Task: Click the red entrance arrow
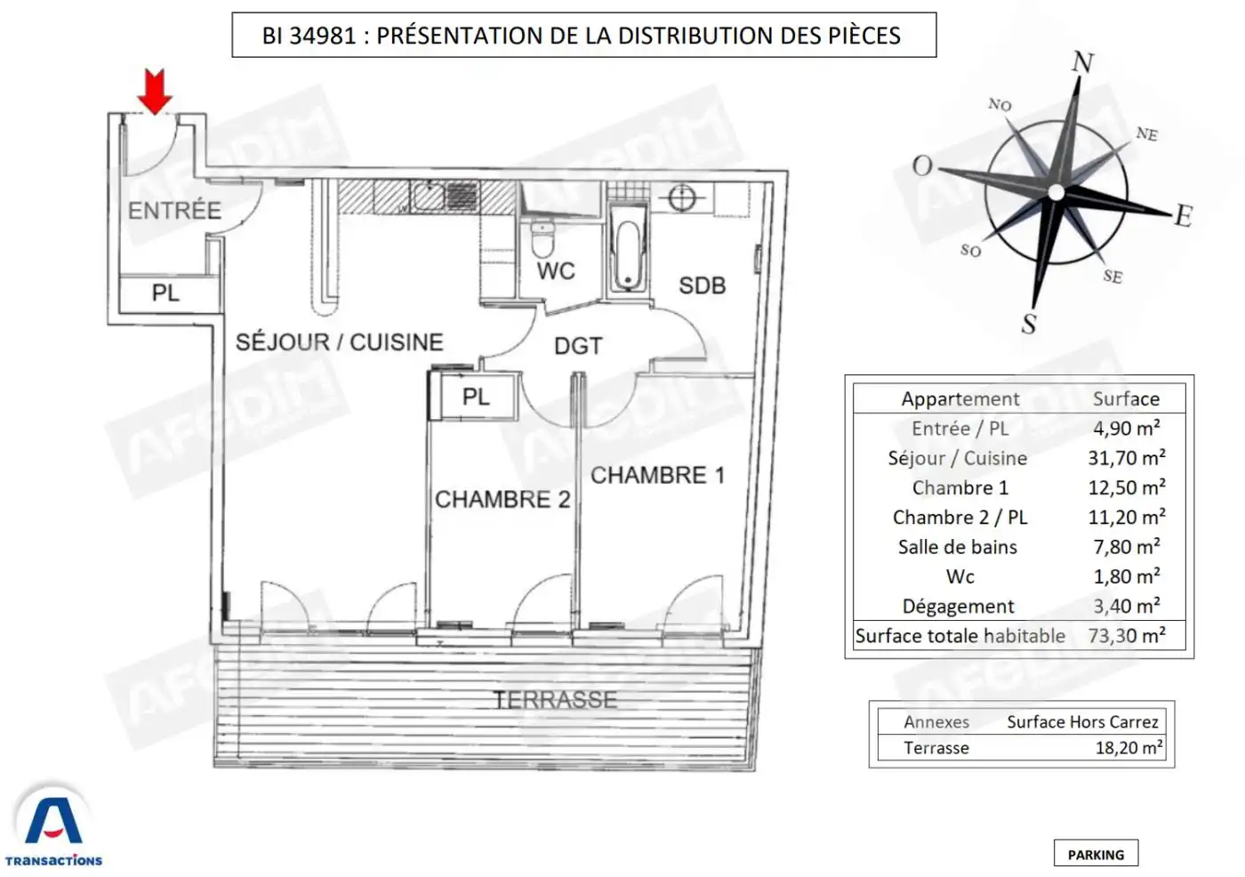pyautogui.click(x=155, y=92)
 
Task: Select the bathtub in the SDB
pyautogui.click(x=628, y=248)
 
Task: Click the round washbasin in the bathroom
pyautogui.click(x=681, y=197)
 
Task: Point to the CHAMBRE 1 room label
pyautogui.click(x=657, y=476)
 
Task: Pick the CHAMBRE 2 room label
pyautogui.click(x=502, y=500)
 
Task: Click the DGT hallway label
pyautogui.click(x=578, y=346)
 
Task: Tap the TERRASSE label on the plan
pyautogui.click(x=555, y=700)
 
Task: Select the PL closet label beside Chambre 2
pyautogui.click(x=476, y=397)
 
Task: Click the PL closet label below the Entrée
pyautogui.click(x=165, y=293)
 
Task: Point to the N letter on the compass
pyautogui.click(x=1083, y=61)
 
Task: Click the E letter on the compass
pyautogui.click(x=1184, y=215)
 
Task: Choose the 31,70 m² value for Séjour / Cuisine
pyautogui.click(x=1127, y=458)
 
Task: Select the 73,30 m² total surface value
pyautogui.click(x=1127, y=635)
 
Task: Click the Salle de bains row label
pyautogui.click(x=958, y=547)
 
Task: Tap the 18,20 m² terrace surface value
pyautogui.click(x=1129, y=747)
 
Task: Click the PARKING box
pyautogui.click(x=1096, y=853)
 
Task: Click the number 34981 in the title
pyautogui.click(x=322, y=36)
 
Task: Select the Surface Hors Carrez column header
pyautogui.click(x=1083, y=722)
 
